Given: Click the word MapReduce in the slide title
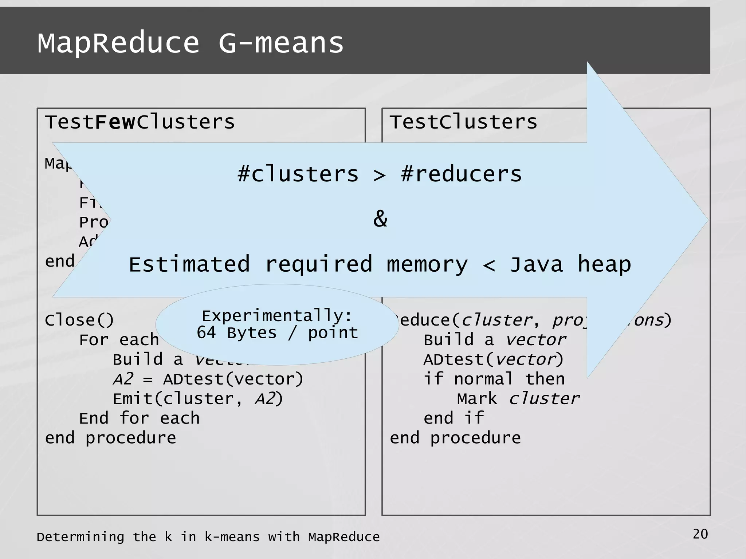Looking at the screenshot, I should [118, 43].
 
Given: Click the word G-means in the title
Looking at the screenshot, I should [281, 43].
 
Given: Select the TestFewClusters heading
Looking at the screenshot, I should [140, 122].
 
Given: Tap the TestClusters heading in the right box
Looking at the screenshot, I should [463, 122].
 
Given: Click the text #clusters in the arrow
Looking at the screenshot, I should [298, 174].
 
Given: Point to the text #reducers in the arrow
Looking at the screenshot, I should [461, 174].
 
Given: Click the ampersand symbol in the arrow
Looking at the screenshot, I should [380, 219].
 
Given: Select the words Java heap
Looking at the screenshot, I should [570, 264].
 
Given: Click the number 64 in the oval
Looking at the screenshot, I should [206, 332].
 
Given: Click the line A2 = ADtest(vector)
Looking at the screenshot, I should [208, 379].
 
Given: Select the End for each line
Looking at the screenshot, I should [140, 418].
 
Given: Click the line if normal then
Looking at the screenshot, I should [494, 379].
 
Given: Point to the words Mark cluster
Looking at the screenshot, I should [518, 399].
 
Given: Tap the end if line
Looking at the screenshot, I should [454, 418].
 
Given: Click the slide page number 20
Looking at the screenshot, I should [700, 534].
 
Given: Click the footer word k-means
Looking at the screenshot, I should [232, 537].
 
